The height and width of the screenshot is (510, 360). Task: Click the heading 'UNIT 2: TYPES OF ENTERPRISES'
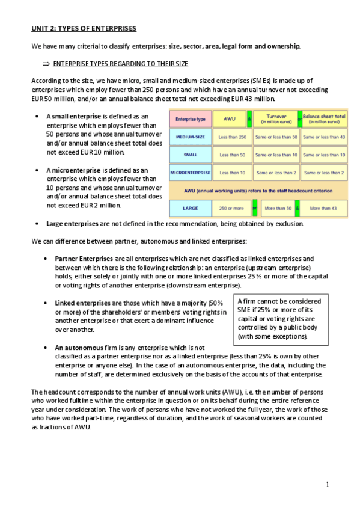point(84,28)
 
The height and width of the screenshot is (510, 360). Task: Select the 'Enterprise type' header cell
point(190,119)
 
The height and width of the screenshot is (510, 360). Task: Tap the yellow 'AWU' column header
point(228,119)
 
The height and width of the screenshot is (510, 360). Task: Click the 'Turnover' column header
point(275,118)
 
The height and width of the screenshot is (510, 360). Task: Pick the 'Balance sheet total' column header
point(324,118)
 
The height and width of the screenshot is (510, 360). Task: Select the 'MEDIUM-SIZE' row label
point(190,137)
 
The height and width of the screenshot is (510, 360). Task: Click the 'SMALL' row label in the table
point(190,155)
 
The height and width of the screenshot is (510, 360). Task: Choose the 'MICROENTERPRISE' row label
point(190,173)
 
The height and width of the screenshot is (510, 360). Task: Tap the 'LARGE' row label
point(190,209)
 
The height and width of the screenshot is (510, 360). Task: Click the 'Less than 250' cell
point(228,137)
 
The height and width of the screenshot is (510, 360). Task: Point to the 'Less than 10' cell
point(228,173)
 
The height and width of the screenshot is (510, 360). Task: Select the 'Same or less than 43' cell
point(324,137)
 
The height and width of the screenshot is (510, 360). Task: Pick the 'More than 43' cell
point(324,209)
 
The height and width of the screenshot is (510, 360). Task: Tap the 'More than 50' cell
point(276,209)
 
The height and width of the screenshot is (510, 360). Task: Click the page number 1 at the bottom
point(327,485)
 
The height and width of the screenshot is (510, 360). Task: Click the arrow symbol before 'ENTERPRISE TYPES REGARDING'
point(46,63)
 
